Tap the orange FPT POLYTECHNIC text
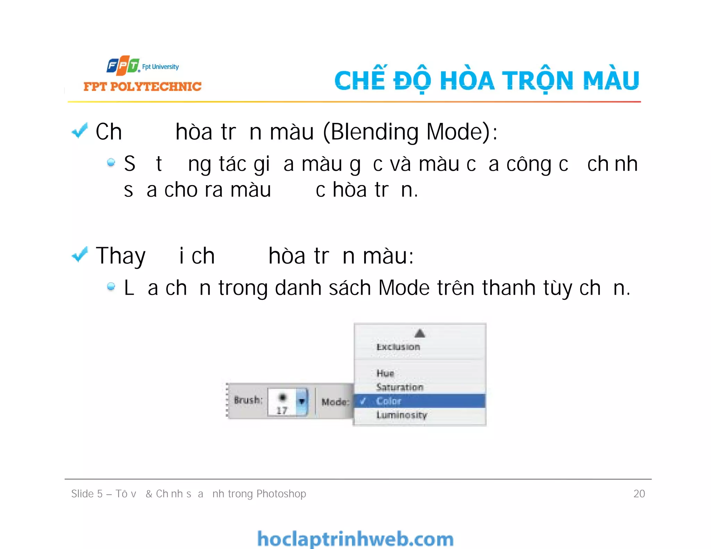142,86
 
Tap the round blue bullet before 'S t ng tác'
111,162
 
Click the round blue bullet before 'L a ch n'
111,286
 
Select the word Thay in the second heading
120,256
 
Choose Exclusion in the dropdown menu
398,347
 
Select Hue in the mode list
385,373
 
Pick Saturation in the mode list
400,387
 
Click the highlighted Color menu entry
389,401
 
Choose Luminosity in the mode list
402,415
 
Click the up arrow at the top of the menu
420,333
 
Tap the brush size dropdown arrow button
302,402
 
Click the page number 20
639,493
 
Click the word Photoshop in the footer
281,493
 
